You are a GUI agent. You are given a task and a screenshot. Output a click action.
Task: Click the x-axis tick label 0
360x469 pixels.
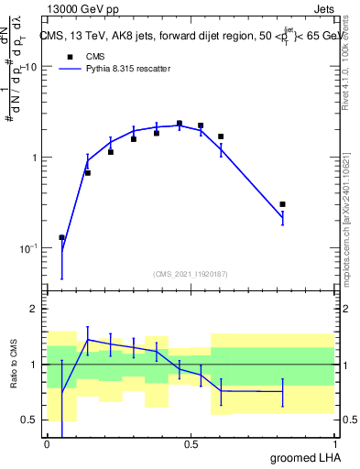coord(47,443)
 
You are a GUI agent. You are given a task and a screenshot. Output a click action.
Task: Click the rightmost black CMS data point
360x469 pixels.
coord(282,204)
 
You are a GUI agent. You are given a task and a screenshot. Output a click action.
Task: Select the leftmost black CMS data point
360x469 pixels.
coord(61,237)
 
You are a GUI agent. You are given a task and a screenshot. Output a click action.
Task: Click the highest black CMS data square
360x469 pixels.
coord(179,124)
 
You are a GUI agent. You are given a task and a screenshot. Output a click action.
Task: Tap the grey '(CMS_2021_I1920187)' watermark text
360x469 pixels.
coord(190,272)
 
